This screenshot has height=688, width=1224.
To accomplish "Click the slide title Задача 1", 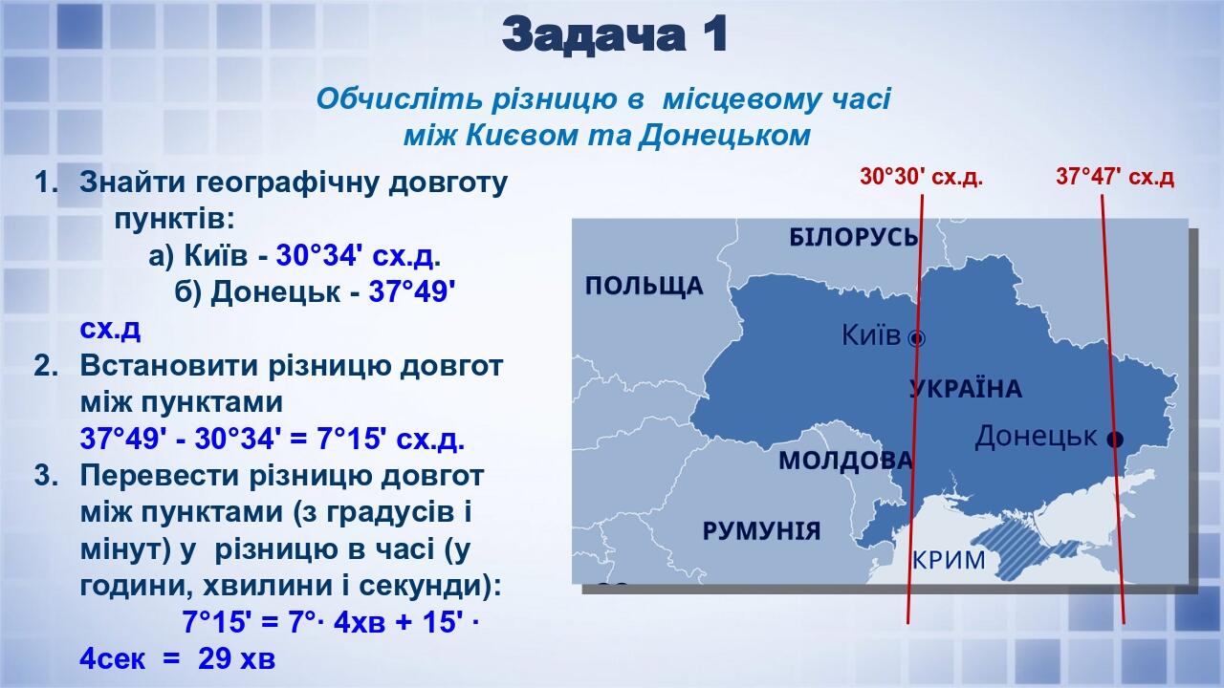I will [x=615, y=35].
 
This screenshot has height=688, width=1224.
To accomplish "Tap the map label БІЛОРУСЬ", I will [x=853, y=237].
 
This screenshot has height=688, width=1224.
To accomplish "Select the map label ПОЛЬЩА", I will [x=644, y=286].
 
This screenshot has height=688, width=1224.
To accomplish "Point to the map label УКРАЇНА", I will [x=965, y=389].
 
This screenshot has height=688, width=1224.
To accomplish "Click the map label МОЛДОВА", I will [x=845, y=461].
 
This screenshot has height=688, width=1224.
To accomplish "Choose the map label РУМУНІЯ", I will [x=761, y=531].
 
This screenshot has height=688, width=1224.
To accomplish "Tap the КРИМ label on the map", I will [x=949, y=560].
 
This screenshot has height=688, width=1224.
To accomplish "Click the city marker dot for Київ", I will [x=916, y=337].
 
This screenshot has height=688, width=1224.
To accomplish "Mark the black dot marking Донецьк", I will [x=1114, y=439].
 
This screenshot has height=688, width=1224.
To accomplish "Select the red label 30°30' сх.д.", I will [x=921, y=177].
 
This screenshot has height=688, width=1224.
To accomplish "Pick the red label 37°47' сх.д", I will [x=1115, y=177].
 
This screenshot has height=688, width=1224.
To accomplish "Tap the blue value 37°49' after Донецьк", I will [x=411, y=291].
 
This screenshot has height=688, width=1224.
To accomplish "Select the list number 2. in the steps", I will [x=47, y=366].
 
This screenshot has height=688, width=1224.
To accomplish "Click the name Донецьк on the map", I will [x=1035, y=437].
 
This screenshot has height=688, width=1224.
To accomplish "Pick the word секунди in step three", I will [x=422, y=584].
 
